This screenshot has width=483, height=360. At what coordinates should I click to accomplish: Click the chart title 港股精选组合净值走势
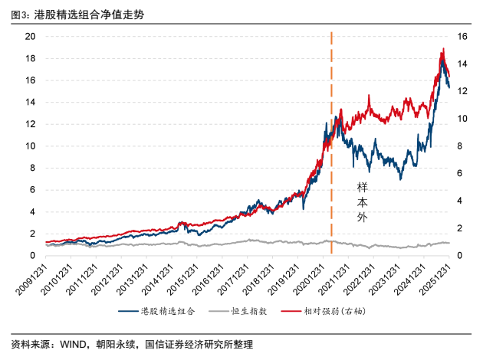(89, 15)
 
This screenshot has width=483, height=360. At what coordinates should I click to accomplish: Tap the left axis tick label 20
(30, 36)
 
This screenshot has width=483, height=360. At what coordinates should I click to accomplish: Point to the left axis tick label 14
(30, 102)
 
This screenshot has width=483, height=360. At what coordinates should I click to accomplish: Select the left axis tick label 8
(32, 168)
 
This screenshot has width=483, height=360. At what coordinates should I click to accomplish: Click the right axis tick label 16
(462, 36)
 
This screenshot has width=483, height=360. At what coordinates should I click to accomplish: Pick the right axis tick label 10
(462, 119)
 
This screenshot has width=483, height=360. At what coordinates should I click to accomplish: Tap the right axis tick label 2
(459, 228)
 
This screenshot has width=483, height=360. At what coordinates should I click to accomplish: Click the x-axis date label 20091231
(31, 280)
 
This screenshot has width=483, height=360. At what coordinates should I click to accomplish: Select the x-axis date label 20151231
(183, 280)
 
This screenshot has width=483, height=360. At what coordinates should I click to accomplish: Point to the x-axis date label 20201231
(309, 280)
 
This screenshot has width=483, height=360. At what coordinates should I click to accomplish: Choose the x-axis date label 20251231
(435, 280)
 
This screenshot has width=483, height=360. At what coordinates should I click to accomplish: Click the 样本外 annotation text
(362, 202)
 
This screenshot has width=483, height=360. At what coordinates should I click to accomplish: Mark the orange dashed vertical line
(331, 142)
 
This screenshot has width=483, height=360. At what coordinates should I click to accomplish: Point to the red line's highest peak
(443, 48)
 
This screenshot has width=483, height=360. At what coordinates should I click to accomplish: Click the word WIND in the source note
(73, 344)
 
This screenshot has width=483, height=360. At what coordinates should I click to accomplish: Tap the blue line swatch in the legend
(128, 312)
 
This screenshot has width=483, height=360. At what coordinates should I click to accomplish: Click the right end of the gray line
(449, 243)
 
